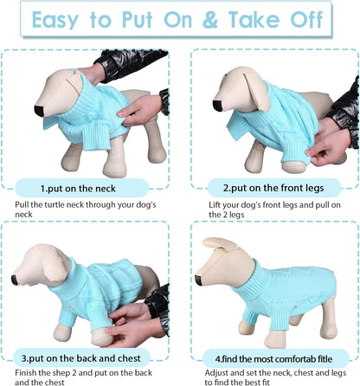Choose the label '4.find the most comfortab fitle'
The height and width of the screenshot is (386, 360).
(273, 357)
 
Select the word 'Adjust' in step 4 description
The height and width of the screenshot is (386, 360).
(217, 371)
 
